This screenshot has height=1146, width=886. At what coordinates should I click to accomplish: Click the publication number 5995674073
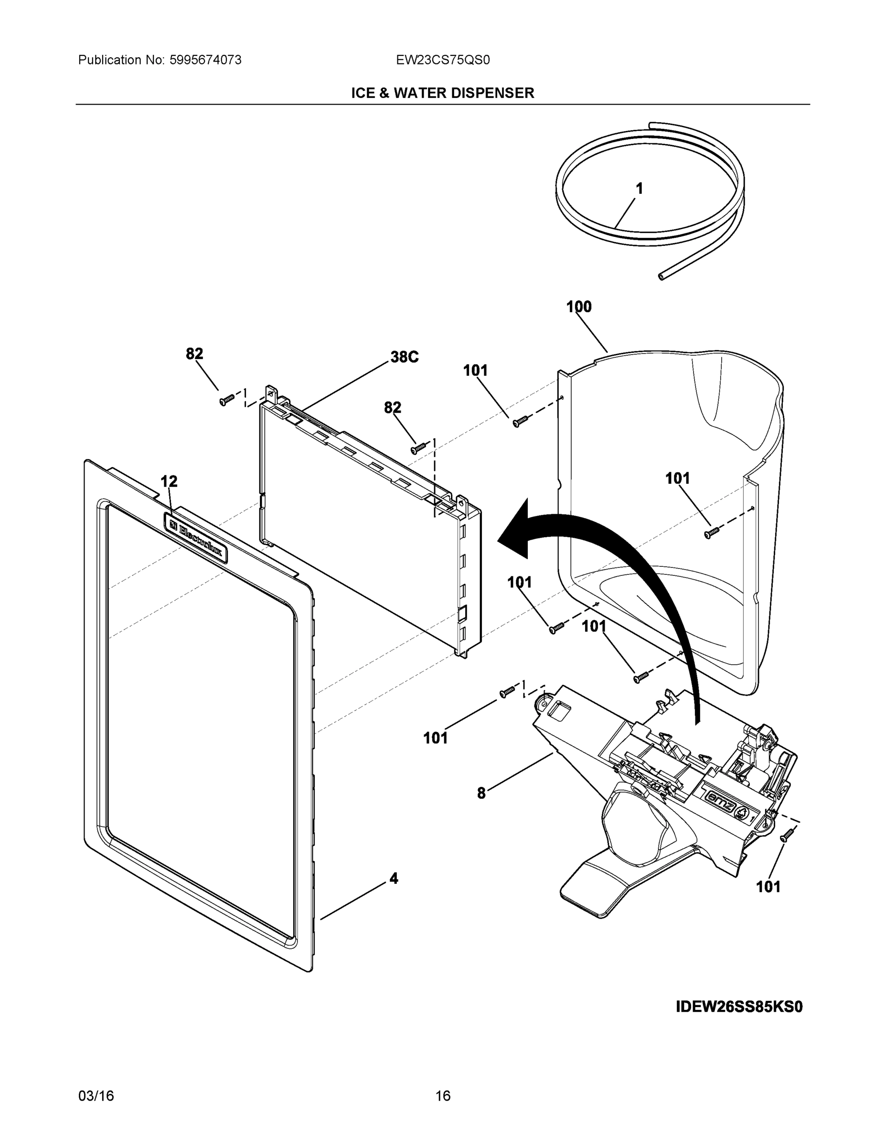pos(205,60)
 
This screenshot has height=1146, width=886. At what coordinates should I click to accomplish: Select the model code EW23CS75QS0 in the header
pos(442,60)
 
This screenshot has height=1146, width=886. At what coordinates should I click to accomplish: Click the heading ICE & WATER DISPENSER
pos(442,94)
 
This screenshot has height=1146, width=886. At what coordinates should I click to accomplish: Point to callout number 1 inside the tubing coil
pos(639,189)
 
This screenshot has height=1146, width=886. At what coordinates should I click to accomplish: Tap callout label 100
pos(578,307)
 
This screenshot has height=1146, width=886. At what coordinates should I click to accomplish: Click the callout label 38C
pos(404,357)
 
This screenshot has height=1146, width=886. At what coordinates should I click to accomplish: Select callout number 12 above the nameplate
pos(169,481)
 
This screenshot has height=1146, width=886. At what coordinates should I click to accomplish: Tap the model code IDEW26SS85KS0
pos(739,1007)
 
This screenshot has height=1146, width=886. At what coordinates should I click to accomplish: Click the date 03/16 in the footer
pos(96,1096)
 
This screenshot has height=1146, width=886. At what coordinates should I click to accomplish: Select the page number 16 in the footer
pos(442,1096)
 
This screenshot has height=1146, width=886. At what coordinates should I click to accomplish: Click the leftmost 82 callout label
pos(194,354)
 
